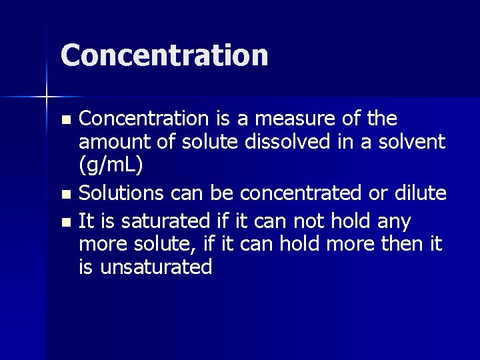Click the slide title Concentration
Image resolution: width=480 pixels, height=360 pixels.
164,55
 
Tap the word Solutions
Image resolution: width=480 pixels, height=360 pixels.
121,193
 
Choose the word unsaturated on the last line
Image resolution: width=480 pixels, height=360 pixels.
156,267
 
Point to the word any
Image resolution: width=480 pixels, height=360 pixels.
394,220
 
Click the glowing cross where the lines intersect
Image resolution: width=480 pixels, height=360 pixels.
47,97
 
